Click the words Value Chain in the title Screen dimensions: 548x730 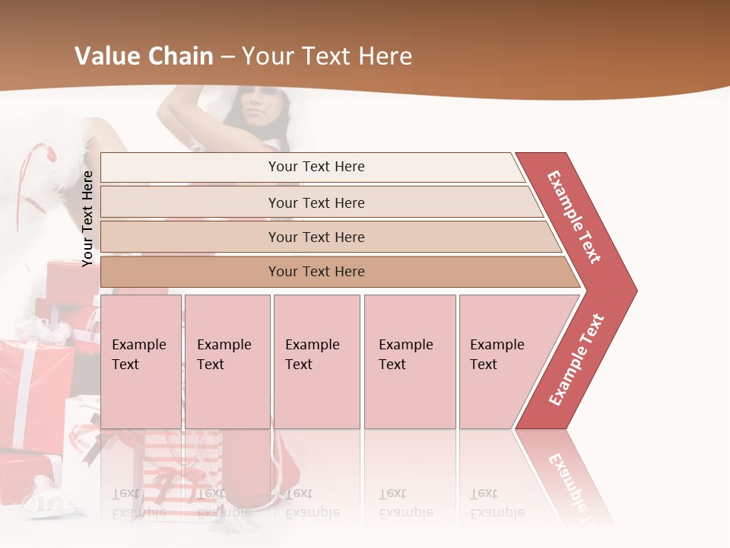coord(143,56)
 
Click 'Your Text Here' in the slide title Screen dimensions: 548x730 coord(327,56)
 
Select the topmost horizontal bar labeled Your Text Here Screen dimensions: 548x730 coord(316,167)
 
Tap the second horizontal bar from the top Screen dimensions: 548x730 coord(316,202)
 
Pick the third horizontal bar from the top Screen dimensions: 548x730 coord(316,237)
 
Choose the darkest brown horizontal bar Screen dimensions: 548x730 coord(316,272)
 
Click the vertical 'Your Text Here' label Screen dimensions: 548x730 coord(87,218)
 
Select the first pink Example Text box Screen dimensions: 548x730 coord(141,361)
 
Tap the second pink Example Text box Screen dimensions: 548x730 coord(227,361)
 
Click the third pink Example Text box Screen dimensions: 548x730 coord(316,361)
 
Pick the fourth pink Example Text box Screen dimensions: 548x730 coord(409,361)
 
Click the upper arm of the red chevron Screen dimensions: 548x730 coord(575,217)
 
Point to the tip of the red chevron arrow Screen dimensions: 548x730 coord(633,290)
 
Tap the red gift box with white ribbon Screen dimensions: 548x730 coord(30,388)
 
